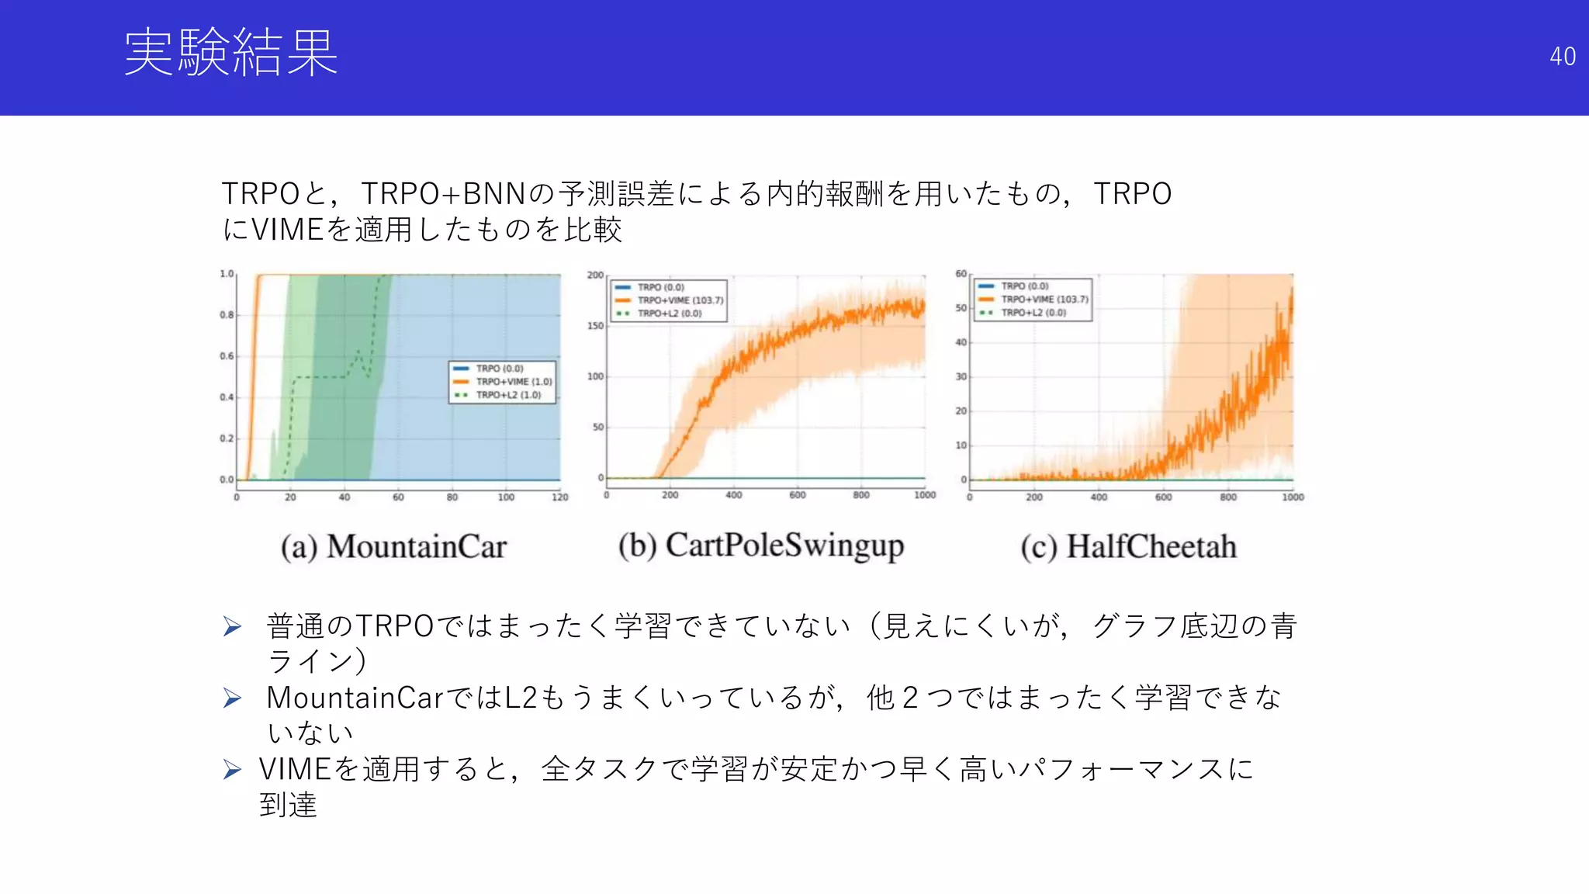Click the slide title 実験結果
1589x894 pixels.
point(230,53)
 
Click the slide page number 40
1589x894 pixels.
point(1562,57)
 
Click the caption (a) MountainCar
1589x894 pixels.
point(393,547)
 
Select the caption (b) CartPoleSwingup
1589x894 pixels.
point(761,546)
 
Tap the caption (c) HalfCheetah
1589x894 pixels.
point(1128,547)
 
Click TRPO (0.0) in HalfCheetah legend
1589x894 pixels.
point(1024,286)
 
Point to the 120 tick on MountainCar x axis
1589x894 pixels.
point(559,497)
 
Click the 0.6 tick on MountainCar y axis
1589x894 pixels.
point(226,356)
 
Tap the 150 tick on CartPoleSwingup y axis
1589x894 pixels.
point(595,326)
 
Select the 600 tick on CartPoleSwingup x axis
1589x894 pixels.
point(797,495)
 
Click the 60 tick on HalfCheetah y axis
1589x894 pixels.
point(961,274)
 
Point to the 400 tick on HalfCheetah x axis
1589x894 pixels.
point(1099,497)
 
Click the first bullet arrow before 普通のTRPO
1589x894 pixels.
point(232,626)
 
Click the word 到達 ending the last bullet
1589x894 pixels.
point(288,805)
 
